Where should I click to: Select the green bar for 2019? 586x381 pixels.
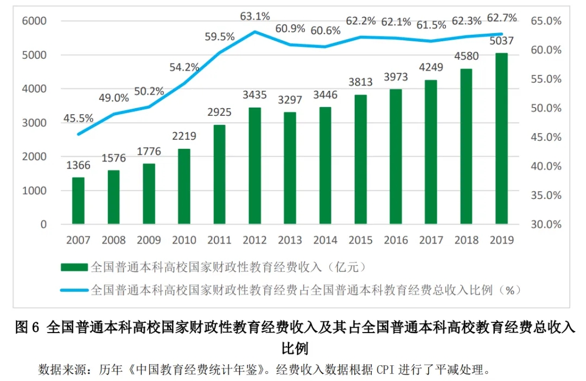click(501, 139)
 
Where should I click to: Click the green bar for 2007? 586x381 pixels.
click(78, 201)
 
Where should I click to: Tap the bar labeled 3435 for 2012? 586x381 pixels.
click(254, 166)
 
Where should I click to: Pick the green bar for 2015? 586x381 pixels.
click(360, 159)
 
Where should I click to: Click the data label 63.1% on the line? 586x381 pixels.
click(255, 16)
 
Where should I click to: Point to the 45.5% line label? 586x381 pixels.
click(79, 118)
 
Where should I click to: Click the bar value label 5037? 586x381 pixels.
click(501, 41)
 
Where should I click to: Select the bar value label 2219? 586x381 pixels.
click(184, 136)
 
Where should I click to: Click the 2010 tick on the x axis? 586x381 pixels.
click(184, 240)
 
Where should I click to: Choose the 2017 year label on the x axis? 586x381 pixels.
click(431, 240)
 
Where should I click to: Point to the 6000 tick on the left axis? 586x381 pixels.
click(34, 21)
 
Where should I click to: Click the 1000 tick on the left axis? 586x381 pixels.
click(34, 191)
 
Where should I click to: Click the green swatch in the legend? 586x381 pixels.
click(74, 267)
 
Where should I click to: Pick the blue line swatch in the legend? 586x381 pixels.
click(74, 290)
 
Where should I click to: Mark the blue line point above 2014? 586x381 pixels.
click(325, 47)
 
